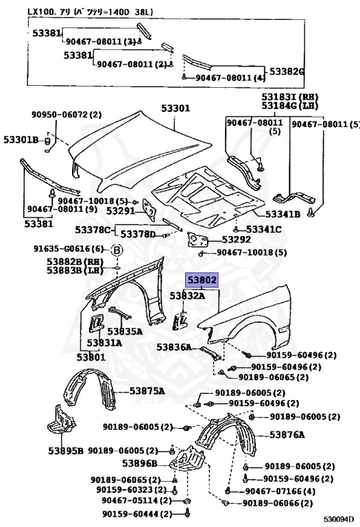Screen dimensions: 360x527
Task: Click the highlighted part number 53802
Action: pyautogui.click(x=202, y=280)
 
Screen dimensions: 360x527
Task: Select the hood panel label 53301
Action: pyautogui.click(x=176, y=108)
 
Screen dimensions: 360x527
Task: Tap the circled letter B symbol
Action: pyautogui.click(x=117, y=250)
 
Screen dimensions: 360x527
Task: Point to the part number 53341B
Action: pyautogui.click(x=283, y=214)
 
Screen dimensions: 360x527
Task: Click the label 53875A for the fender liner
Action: pyautogui.click(x=147, y=391)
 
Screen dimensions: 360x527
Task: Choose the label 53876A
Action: pyautogui.click(x=287, y=435)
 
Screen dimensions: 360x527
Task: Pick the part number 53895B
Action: pyautogui.click(x=66, y=451)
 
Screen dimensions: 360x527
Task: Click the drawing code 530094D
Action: pyautogui.click(x=339, y=519)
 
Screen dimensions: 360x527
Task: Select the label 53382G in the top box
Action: pyautogui.click(x=287, y=71)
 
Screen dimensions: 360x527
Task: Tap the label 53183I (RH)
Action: pyautogui.click(x=290, y=97)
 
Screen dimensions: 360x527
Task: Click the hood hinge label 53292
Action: pyautogui.click(x=237, y=239)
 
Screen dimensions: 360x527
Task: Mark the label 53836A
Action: pyautogui.click(x=174, y=347)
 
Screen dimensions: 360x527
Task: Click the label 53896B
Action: pyautogui.click(x=140, y=464)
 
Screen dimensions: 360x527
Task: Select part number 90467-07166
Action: pyautogui.click(x=274, y=491)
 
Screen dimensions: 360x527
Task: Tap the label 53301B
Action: pyautogui.click(x=21, y=139)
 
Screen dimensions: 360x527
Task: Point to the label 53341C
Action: pyautogui.click(x=264, y=230)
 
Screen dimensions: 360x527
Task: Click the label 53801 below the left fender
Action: pyautogui.click(x=91, y=357)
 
